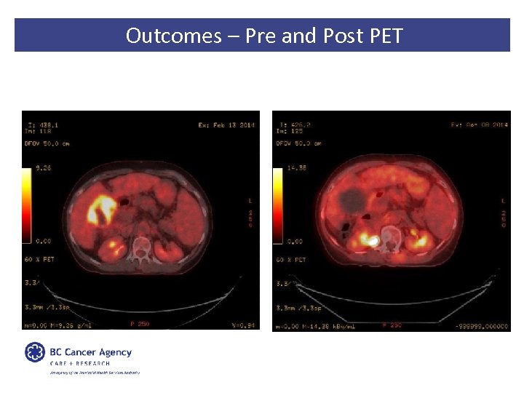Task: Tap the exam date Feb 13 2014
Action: pos(226,125)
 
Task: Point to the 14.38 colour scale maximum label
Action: pos(297,168)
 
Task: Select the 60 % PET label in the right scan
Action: pos(291,260)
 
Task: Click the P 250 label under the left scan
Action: pos(138,325)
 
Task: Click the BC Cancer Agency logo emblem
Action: pos(35,352)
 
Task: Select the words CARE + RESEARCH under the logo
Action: pos(80,363)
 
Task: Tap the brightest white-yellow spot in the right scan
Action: pos(372,239)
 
